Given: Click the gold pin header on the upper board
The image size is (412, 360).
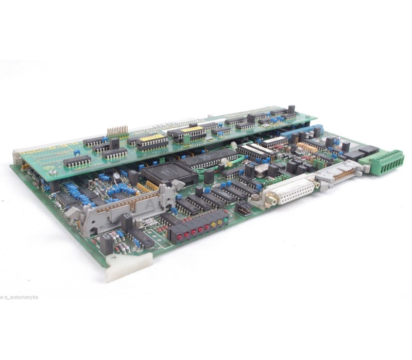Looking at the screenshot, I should [118, 131].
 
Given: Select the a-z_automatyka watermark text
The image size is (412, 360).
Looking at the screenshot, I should [19, 297].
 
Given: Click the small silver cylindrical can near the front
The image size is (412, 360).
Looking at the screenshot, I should [117, 176].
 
